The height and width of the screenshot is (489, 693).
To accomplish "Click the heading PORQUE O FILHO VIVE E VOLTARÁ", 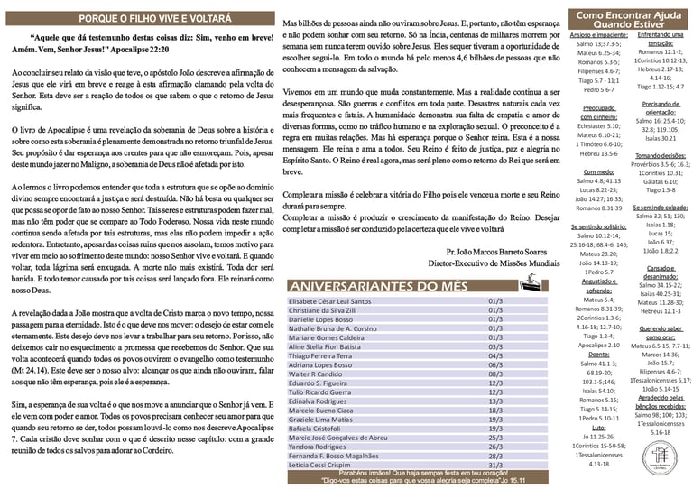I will (140, 16).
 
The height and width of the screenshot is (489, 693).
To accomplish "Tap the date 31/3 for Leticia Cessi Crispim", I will (494, 464).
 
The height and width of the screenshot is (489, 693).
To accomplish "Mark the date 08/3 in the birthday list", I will (494, 373).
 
